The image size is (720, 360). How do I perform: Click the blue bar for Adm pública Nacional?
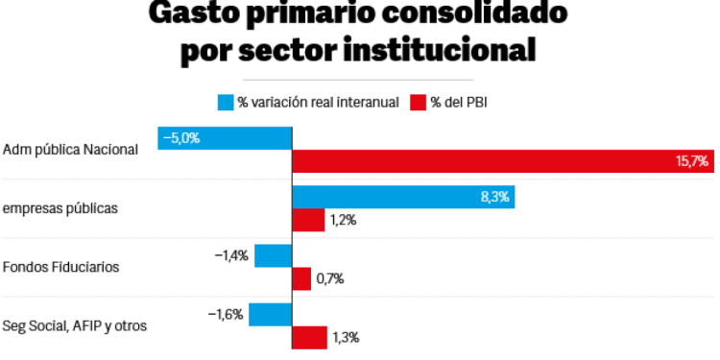pyautogui.click(x=225, y=138)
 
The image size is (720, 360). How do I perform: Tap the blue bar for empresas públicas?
pyautogui.click(x=403, y=197)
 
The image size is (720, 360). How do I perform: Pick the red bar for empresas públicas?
pyautogui.click(x=308, y=220)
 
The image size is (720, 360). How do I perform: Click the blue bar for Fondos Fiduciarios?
pyautogui.click(x=273, y=256)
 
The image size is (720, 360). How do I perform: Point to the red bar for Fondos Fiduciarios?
pyautogui.click(x=301, y=278)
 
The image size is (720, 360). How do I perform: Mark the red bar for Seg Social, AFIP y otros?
pyautogui.click(x=309, y=337)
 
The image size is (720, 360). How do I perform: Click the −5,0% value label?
pyautogui.click(x=180, y=138)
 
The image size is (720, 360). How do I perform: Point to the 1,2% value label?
pyautogui.click(x=343, y=220)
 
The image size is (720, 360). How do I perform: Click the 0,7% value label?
pyautogui.click(x=330, y=278)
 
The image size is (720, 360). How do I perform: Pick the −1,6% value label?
pyautogui.click(x=228, y=314)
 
